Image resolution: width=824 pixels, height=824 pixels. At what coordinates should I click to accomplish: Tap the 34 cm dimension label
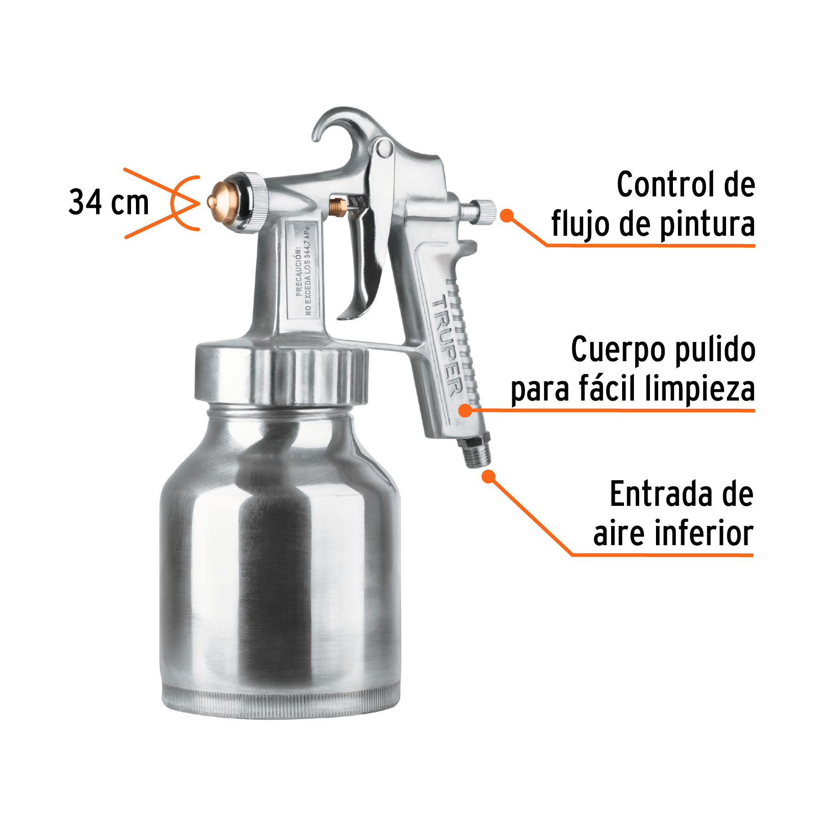(x=109, y=202)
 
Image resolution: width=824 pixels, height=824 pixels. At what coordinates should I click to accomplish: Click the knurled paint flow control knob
(x=484, y=212)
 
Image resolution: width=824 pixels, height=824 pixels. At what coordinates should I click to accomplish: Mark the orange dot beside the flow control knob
(x=506, y=215)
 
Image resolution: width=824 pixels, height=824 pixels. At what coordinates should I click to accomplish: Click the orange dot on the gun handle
(x=465, y=410)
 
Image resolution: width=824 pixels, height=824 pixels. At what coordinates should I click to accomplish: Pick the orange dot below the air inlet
(x=489, y=477)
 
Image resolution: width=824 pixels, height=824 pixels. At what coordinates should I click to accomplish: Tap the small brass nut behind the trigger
(x=338, y=207)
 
